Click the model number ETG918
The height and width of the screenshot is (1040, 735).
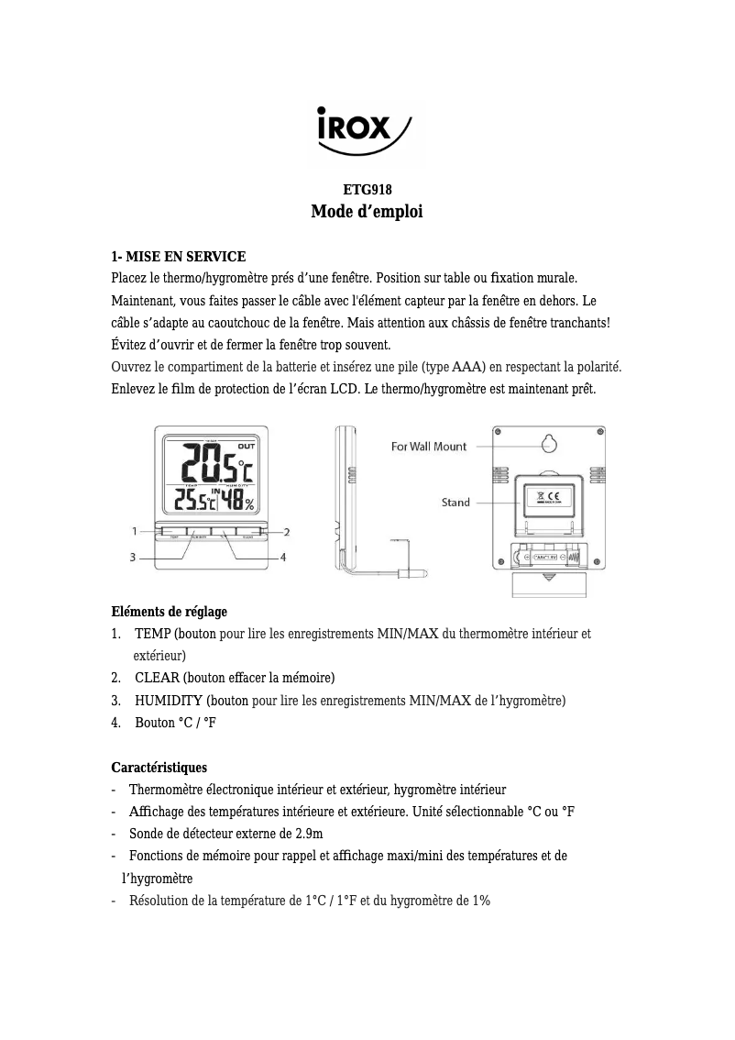(x=367, y=190)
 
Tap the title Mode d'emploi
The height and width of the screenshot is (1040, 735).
(x=367, y=212)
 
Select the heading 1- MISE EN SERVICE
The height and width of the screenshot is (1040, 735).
(x=178, y=256)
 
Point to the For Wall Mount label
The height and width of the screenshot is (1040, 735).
(x=429, y=447)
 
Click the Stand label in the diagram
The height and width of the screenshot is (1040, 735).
(x=455, y=503)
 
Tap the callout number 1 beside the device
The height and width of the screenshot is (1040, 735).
(x=134, y=531)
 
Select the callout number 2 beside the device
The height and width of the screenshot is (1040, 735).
(x=287, y=532)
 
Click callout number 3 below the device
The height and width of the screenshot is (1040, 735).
(x=134, y=557)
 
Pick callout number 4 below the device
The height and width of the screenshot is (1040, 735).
(x=283, y=557)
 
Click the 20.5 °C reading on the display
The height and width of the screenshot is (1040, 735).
(x=216, y=463)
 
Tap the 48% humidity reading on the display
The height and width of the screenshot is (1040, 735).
(x=240, y=501)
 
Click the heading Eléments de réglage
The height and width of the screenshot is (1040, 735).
(x=169, y=612)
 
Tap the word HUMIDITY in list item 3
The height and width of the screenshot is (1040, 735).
(x=169, y=701)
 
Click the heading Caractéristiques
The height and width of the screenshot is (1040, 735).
(x=159, y=767)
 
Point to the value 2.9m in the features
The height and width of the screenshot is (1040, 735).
(x=306, y=834)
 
